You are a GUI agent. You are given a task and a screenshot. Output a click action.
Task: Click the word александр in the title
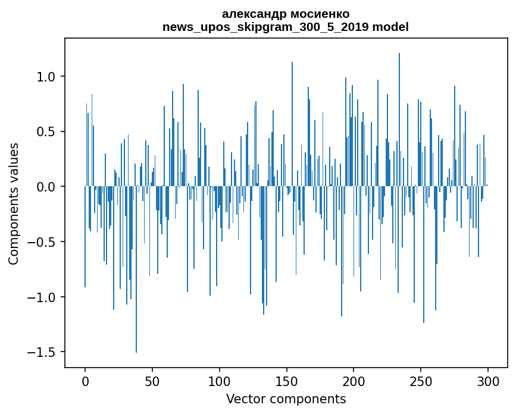252,14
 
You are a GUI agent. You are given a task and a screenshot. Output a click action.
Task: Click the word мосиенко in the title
317,14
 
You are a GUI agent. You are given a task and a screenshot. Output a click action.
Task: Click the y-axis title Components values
14,203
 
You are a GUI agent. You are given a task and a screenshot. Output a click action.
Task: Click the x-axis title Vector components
286,399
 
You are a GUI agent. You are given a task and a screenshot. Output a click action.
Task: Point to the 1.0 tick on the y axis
47,77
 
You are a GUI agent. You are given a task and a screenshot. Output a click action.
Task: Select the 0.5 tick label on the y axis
47,131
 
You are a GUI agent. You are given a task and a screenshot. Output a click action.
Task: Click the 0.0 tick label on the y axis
47,187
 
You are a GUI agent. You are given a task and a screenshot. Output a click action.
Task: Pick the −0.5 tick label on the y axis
43,242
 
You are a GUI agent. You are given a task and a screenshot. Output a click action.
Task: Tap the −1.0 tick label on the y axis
43,297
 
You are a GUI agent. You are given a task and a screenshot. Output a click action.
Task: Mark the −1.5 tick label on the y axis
43,352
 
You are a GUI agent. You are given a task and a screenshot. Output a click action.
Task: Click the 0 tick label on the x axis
85,381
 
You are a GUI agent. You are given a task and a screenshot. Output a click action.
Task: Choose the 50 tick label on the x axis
152,381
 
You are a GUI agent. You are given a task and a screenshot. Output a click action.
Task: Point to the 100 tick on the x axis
220,381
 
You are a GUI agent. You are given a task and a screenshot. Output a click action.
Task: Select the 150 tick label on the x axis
286,381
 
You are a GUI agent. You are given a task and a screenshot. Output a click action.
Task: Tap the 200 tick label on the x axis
354,381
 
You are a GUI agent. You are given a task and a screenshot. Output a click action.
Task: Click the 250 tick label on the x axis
421,381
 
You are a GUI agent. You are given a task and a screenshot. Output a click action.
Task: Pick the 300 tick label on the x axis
488,381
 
